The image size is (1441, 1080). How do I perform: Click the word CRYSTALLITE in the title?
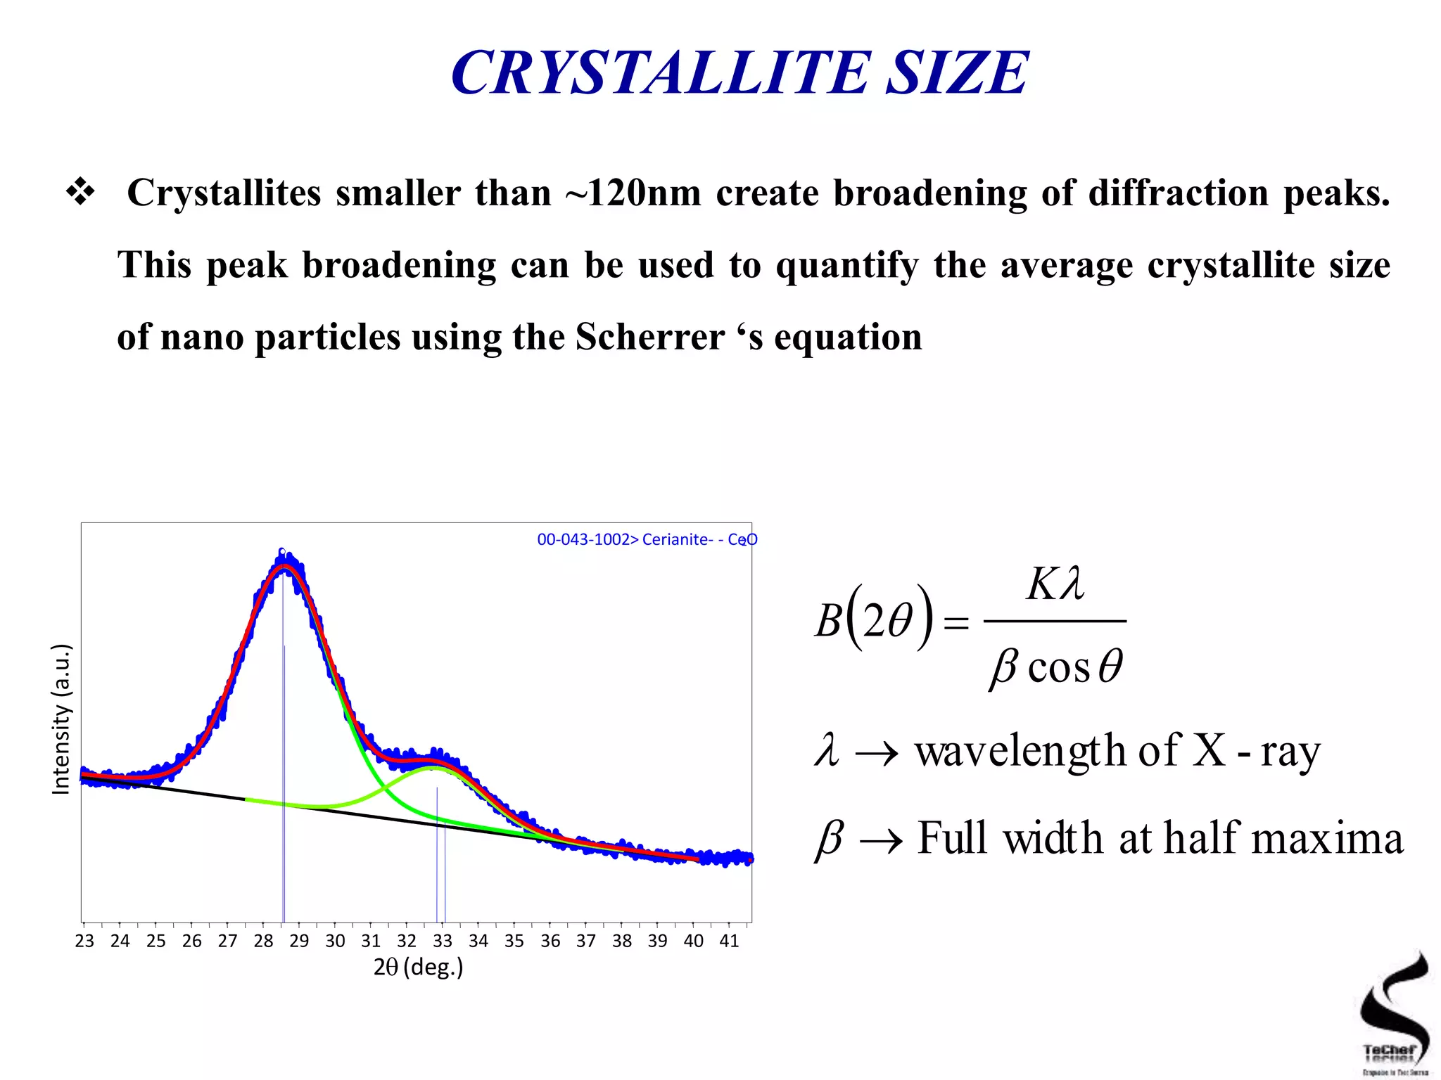660,73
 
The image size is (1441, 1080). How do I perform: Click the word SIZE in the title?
957,73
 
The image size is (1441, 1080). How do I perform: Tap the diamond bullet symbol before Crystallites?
80,193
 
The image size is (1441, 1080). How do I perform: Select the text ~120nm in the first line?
633,193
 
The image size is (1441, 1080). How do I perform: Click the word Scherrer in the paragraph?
649,337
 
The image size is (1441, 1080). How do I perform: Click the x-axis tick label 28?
263,941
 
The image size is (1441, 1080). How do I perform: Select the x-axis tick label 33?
443,941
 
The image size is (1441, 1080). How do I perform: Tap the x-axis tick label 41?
729,941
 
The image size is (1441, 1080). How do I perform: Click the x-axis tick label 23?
84,941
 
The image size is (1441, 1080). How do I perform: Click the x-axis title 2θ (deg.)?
418,967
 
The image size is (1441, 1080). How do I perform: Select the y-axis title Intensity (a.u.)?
62,719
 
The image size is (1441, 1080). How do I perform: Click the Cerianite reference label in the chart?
647,539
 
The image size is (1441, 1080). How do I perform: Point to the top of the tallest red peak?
284,565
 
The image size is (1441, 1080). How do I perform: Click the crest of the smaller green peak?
436,768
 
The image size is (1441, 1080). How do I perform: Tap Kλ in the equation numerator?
1055,584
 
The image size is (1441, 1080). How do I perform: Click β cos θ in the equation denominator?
1056,666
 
